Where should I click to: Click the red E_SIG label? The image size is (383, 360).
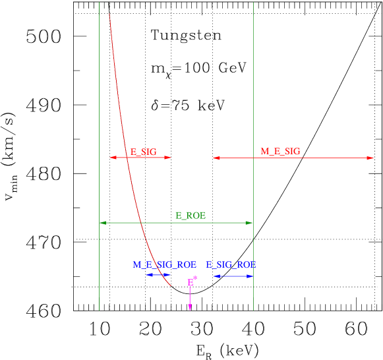(143, 152)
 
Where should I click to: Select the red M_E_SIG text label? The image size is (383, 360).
(280, 152)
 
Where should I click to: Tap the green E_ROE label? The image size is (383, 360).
(191, 216)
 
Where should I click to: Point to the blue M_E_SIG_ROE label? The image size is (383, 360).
(165, 264)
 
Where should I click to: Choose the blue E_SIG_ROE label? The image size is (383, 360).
(231, 264)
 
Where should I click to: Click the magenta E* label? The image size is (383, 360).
(192, 282)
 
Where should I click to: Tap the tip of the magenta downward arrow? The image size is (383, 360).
(190, 309)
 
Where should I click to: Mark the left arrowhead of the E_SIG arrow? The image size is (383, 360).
(111, 158)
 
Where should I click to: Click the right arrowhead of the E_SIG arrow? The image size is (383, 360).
(169, 158)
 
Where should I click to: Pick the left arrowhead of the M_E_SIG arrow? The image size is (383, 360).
(214, 158)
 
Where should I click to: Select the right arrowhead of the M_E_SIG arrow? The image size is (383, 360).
(372, 158)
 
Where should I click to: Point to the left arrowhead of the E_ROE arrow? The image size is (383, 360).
(101, 223)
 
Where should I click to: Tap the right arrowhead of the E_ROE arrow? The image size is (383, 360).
(251, 223)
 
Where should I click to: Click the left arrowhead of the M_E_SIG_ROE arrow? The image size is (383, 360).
(147, 275)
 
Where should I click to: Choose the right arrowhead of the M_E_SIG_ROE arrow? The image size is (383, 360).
(169, 275)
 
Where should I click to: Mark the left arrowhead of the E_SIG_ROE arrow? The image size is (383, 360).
(214, 276)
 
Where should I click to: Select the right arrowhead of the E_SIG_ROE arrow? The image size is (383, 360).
(251, 276)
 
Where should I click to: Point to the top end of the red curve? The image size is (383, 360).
(109, 14)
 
